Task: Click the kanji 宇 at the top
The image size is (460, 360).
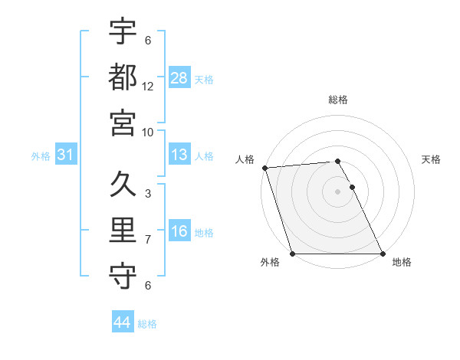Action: coord(123,32)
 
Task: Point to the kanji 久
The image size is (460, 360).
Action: coord(123,185)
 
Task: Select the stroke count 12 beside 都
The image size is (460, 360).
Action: coord(148,86)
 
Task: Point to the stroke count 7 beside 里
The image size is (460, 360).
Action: coord(148,240)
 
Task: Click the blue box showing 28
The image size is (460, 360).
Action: coord(179,77)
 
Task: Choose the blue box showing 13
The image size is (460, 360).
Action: coord(179,155)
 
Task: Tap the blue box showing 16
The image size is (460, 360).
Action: coord(179,231)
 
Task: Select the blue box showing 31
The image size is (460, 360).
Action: coord(65,155)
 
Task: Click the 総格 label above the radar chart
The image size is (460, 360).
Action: coord(338,100)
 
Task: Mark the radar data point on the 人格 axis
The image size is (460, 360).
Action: coord(264,168)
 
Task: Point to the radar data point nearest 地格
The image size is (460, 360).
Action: coord(382,254)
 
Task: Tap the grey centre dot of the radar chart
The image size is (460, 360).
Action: coord(337,191)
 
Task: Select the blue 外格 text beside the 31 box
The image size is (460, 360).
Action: coord(41,156)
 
